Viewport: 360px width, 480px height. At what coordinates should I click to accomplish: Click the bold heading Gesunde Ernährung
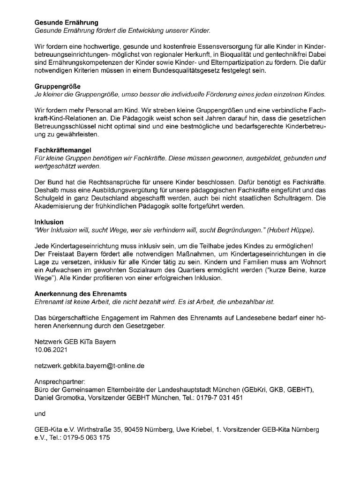(x=67, y=22)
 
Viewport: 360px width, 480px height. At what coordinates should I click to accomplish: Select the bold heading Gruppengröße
(x=58, y=87)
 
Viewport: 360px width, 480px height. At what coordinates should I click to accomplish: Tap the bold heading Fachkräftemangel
(x=63, y=150)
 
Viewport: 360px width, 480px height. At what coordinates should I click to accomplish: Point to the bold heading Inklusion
(x=49, y=222)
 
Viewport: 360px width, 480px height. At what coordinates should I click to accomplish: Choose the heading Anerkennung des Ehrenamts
(x=81, y=293)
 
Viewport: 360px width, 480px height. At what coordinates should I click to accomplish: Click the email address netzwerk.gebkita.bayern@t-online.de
(x=89, y=366)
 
